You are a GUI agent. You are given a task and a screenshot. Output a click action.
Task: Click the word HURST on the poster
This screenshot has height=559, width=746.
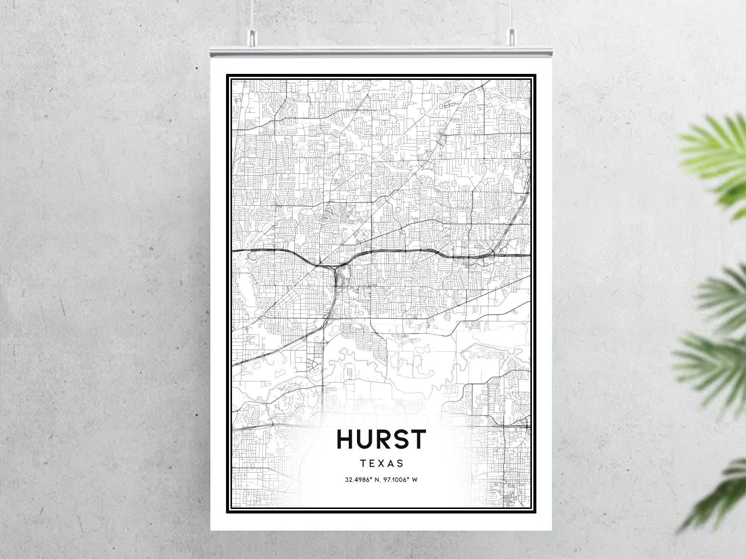[381, 439]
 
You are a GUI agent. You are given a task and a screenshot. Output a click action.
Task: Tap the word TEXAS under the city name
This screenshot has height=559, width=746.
[381, 463]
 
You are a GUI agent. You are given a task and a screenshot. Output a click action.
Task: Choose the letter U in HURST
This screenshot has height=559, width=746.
[363, 439]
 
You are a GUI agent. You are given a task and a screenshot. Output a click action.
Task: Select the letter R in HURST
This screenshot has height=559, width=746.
[382, 439]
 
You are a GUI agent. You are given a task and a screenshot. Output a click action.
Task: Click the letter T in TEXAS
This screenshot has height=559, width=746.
[363, 463]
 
